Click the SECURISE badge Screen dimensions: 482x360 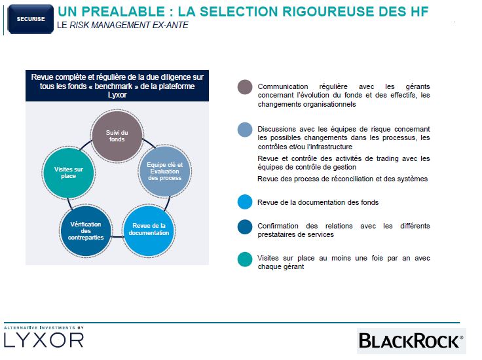coord(31,19)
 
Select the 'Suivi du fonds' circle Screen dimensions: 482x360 coord(117,135)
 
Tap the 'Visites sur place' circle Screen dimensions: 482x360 coord(69,173)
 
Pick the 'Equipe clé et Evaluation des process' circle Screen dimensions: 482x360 coord(165,171)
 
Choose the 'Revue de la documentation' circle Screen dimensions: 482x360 coord(149,231)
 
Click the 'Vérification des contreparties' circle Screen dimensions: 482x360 coord(86,231)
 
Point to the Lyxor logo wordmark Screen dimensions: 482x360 coord(44,340)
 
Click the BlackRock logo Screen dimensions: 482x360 coord(411,341)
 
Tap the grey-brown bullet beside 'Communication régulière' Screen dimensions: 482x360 coord(245,87)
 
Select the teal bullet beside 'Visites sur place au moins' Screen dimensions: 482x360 coord(245,260)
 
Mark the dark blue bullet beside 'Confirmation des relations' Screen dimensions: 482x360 coord(245,227)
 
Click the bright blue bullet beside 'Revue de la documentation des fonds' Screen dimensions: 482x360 coord(245,202)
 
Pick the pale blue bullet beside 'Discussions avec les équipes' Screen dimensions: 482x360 coord(245,130)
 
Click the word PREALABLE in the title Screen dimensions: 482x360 coord(123,12)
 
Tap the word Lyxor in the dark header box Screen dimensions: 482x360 coord(117,95)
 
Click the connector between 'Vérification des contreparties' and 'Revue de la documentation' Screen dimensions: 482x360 coord(117,236)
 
